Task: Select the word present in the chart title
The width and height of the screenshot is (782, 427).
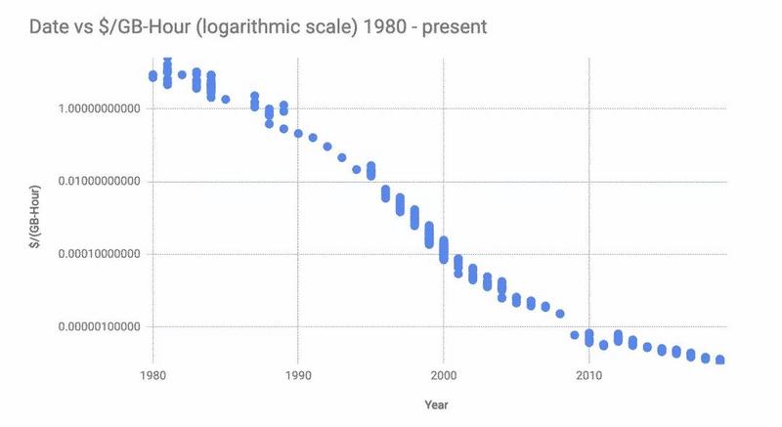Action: point(453,26)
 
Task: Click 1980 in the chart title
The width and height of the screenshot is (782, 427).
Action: point(374,26)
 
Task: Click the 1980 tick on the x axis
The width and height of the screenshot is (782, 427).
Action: point(152,375)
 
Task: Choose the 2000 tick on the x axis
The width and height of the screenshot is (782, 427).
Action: point(443,375)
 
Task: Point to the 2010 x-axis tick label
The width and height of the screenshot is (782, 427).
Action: point(588,375)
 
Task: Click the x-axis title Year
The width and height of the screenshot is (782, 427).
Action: point(437,404)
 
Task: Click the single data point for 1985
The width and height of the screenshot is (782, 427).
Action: point(226,100)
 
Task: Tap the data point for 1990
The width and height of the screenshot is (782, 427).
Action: point(298,134)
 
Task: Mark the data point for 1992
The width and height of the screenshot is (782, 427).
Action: point(327,147)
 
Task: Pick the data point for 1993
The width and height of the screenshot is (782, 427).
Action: point(342,157)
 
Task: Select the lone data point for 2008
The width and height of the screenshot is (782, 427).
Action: point(560,314)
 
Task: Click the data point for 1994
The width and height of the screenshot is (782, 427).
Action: point(357,169)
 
